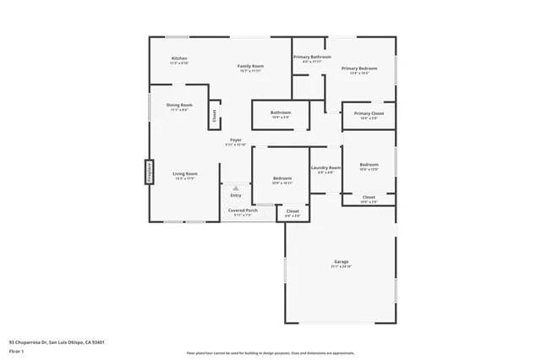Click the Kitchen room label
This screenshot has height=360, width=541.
[179, 58]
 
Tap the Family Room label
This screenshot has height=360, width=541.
[250, 66]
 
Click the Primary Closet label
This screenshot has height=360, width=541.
[369, 113]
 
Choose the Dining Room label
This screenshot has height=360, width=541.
[179, 105]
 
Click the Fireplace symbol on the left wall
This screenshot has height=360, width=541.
[147, 172]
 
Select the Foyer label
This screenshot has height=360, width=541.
[236, 139]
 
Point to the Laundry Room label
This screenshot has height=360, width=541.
[325, 167]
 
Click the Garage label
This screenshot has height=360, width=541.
[341, 262]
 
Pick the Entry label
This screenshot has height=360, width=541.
[236, 195]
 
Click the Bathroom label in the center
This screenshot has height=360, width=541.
[281, 112]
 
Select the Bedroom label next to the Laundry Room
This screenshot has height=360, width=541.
[369, 165]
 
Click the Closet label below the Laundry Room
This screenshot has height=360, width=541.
[292, 211]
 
